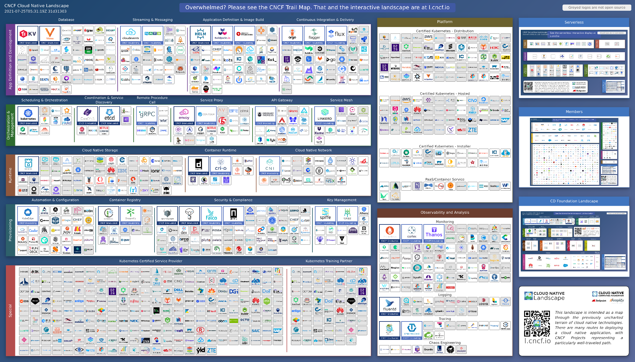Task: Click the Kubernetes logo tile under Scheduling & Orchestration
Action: tap(28, 115)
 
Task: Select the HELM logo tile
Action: tap(200, 35)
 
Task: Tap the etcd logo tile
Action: tap(109, 115)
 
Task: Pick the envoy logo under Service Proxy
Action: tap(184, 115)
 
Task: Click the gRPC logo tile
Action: tap(147, 115)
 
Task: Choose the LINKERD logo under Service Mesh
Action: tap(325, 115)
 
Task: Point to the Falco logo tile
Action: tap(211, 215)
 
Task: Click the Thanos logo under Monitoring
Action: tap(434, 233)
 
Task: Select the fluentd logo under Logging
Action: tap(390, 306)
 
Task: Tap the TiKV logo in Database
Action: tap(28, 35)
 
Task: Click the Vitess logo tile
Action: tap(50, 35)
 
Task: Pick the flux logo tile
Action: tap(336, 35)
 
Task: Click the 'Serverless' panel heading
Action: tap(574, 22)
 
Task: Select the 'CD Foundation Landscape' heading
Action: tap(574, 201)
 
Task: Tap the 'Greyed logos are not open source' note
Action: tap(597, 8)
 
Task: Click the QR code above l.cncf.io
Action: tap(537, 323)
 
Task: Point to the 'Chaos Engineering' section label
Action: tap(445, 343)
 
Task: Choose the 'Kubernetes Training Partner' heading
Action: tap(329, 261)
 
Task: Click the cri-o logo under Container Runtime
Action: tap(221, 165)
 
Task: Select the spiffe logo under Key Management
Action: tap(325, 215)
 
